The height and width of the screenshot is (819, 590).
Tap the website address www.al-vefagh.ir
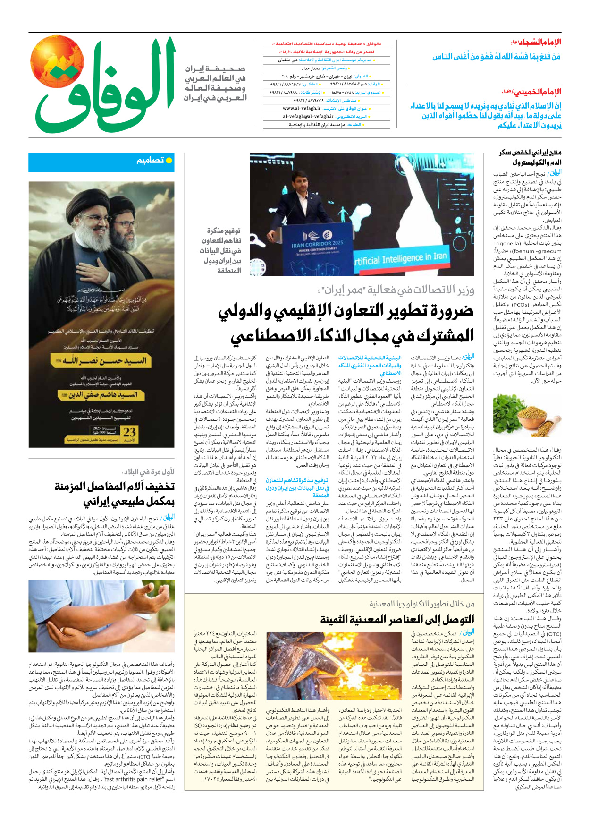point(302,108)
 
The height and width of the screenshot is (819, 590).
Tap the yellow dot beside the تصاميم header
point(169,161)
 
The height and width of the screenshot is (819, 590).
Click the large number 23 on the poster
point(129,432)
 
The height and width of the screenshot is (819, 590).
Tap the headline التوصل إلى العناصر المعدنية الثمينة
point(397,619)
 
